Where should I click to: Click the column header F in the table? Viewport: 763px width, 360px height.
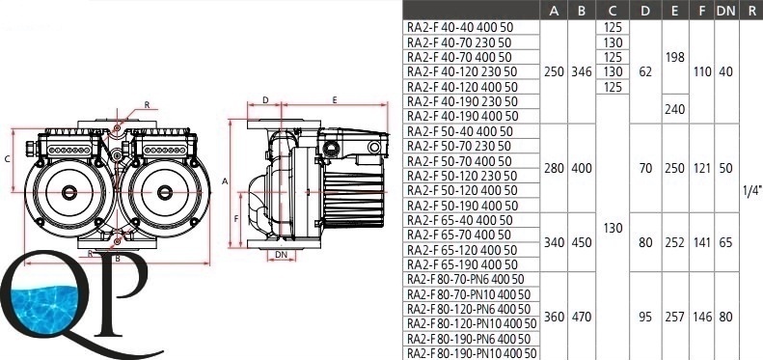701,11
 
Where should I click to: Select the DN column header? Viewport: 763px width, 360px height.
725,11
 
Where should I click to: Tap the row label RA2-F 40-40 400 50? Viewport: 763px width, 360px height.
460,27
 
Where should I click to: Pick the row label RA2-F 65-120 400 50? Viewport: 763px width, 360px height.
462,250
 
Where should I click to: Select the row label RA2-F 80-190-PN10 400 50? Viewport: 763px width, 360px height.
472,353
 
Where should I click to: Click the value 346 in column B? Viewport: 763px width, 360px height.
582,72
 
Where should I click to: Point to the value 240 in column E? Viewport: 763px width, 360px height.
674,110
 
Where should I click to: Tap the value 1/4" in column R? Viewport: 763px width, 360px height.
751,191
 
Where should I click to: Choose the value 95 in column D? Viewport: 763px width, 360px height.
645,318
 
